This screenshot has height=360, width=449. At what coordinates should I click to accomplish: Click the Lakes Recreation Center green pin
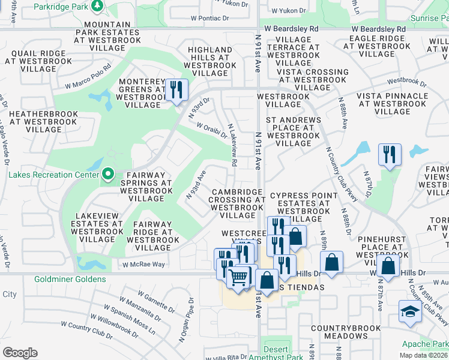coord(108,175)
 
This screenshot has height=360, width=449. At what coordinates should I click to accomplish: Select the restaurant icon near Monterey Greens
coord(176,90)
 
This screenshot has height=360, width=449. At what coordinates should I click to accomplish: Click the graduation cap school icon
coord(410,312)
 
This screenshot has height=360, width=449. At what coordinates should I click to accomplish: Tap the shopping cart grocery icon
coord(238,277)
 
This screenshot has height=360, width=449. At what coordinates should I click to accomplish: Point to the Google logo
coord(20,352)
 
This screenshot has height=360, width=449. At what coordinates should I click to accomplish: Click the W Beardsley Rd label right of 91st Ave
coord(377,29)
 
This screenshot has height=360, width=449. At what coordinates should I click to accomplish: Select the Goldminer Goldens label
coord(53,279)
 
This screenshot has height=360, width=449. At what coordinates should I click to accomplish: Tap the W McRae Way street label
coord(143,264)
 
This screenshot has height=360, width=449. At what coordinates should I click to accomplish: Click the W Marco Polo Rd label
coord(88,76)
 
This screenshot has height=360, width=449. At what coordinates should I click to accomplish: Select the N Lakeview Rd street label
coord(232,145)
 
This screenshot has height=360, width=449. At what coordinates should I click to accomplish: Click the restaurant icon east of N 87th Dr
coord(390,154)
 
